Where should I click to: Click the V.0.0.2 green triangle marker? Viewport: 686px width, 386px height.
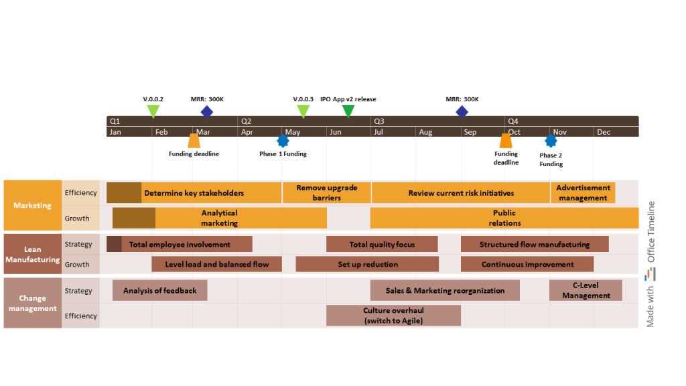point(153,111)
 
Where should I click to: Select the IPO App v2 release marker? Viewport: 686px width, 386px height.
point(348,111)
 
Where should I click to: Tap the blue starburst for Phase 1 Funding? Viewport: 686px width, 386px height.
point(283,141)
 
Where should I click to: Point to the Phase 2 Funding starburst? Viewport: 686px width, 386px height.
point(551,141)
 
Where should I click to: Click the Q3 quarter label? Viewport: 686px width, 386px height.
point(379,121)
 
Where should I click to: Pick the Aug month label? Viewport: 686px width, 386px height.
point(425,132)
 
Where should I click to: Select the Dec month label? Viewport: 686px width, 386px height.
point(604,132)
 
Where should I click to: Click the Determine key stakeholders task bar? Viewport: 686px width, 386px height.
point(194,193)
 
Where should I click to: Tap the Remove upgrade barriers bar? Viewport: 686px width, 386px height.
point(326,193)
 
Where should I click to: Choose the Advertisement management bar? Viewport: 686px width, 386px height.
point(583,193)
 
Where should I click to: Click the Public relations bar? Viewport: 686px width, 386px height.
point(504,218)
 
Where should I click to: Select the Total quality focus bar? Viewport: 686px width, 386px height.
point(382,245)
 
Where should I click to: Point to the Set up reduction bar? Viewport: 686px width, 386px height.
point(367,264)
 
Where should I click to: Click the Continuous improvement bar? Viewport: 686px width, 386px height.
point(527,264)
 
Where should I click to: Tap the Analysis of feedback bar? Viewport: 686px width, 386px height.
point(159,290)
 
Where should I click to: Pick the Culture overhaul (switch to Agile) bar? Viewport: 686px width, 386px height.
point(393,316)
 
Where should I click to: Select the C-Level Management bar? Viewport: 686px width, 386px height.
point(586,290)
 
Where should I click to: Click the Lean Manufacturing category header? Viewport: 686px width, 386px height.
point(33,254)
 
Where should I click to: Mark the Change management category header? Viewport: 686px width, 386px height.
point(33,303)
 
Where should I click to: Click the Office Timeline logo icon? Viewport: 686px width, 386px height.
point(650,274)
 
